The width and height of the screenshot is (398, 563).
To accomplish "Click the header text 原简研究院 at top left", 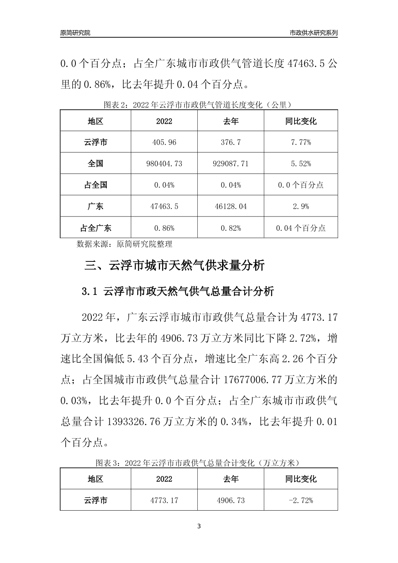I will pos(75,32).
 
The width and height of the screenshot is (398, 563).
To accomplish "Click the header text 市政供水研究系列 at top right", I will pos(314,32).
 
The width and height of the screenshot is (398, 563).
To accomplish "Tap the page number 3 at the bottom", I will pos(199,526).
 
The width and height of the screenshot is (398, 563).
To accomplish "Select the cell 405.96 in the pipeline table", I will pos(164,142).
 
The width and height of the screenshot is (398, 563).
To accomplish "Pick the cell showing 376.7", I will pos(231,142).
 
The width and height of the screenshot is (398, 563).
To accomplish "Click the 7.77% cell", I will pos(301,142).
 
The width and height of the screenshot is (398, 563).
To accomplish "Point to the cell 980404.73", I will pos(164,164).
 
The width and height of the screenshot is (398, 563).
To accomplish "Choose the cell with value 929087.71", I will pos(231,164).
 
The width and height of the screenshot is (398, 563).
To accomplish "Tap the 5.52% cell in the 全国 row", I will pos(301,164).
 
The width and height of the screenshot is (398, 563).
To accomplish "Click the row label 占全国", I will pos(96,185).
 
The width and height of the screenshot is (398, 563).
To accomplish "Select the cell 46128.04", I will pos(231,207).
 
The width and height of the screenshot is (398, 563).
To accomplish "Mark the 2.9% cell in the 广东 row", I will pos(301,207).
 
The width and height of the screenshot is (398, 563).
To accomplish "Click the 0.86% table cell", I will pos(164,228).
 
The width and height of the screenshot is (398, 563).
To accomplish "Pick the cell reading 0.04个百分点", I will pos(301,228).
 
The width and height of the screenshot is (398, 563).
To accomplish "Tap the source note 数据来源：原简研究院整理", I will pos(124,244).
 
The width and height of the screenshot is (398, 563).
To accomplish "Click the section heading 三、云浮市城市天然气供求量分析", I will pos(175,266).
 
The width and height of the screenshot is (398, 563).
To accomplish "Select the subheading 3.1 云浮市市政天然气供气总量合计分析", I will pos(178,291).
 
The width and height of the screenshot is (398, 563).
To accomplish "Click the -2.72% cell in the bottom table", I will pos(301,501).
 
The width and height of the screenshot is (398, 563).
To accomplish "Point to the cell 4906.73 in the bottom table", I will pos(231,501).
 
